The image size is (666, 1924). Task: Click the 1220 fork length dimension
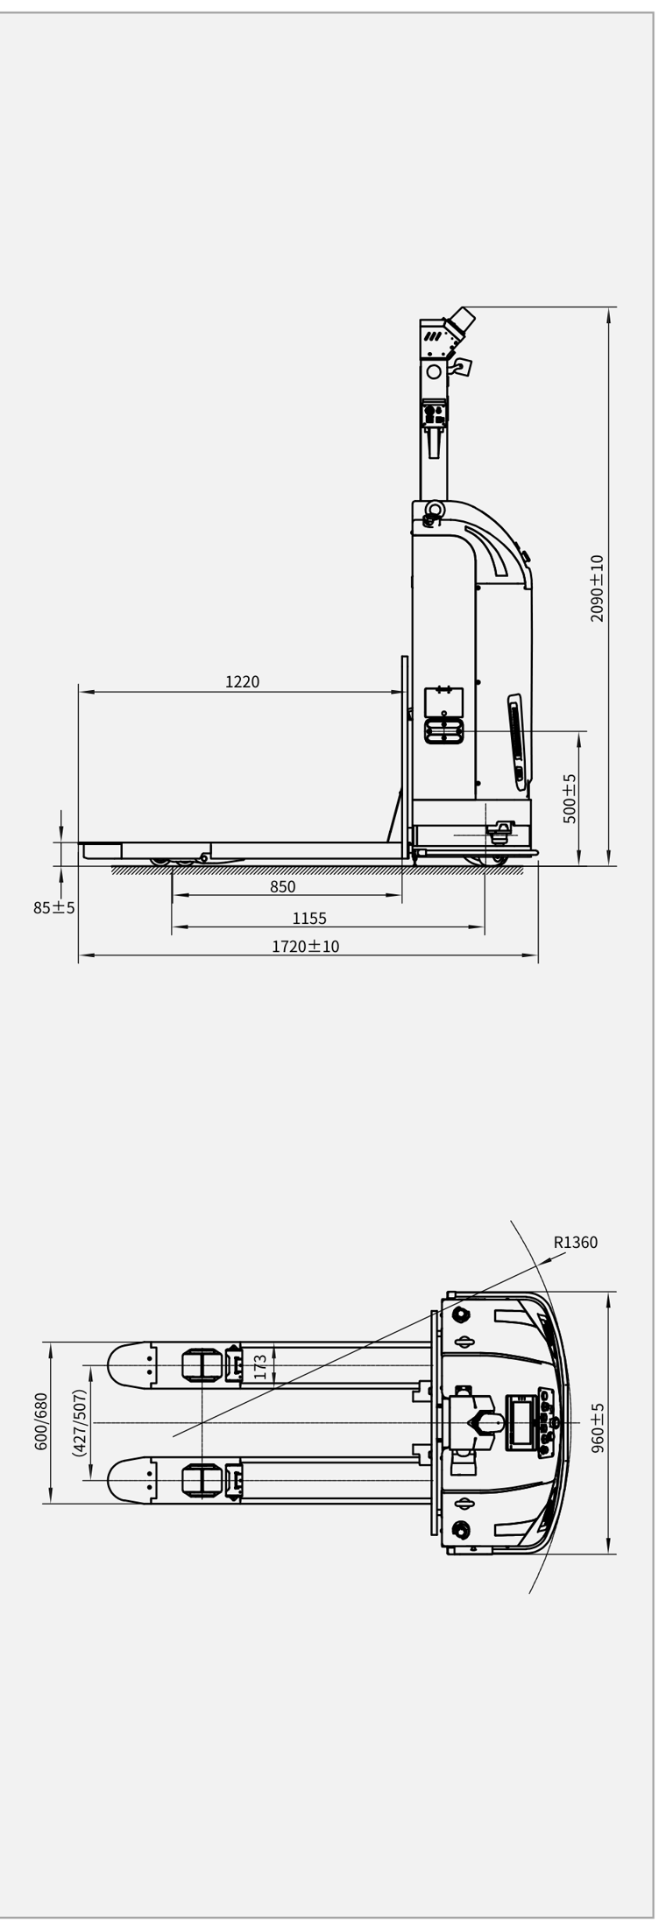pyautogui.click(x=242, y=681)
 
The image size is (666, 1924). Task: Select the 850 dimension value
pyautogui.click(x=282, y=886)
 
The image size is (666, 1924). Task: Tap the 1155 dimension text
pyautogui.click(x=308, y=919)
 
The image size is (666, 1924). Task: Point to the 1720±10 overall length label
pyautogui.click(x=305, y=946)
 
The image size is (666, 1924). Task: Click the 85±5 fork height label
pyautogui.click(x=54, y=907)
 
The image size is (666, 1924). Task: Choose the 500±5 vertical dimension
pyautogui.click(x=570, y=798)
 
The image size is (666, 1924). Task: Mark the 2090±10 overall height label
pyautogui.click(x=597, y=588)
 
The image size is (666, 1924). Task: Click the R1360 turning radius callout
pyautogui.click(x=576, y=1242)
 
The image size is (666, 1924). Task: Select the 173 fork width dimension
pyautogui.click(x=260, y=1367)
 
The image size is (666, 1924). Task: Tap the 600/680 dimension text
pyautogui.click(x=41, y=1421)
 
